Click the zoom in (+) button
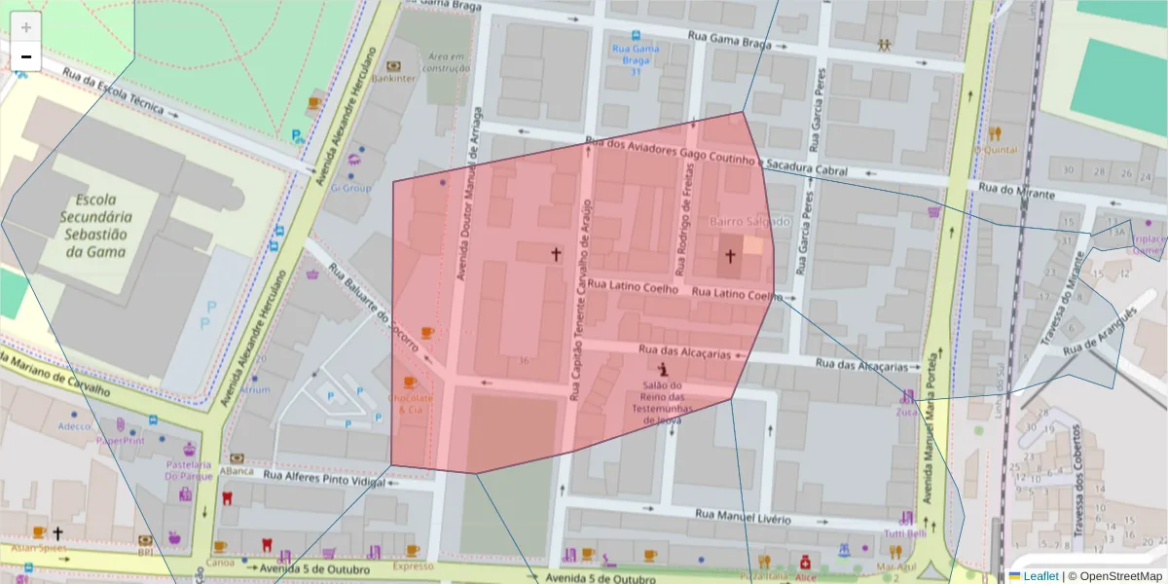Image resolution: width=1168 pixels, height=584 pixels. (26, 27)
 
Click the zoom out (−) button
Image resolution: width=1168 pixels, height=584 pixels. (26, 57)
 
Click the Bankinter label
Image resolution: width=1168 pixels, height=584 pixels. (393, 78)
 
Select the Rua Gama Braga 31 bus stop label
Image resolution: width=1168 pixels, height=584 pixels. (636, 59)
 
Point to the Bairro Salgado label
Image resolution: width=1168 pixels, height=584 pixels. (749, 222)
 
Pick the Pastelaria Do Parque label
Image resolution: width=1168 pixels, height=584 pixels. (188, 470)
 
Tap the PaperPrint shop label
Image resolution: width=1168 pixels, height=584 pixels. (120, 440)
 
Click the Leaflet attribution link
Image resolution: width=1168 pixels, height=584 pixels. (1040, 576)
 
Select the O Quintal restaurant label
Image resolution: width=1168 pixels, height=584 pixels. (995, 150)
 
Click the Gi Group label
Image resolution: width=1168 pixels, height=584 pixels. (351, 188)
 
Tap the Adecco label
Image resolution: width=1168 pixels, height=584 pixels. (74, 425)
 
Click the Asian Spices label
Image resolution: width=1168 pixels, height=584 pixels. (39, 547)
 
